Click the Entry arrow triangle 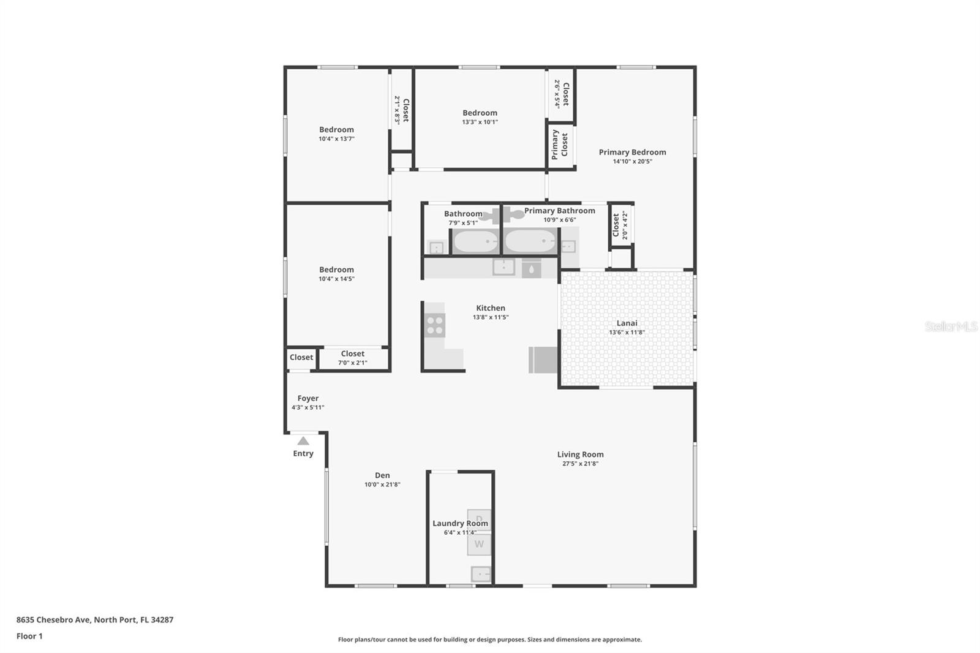303,440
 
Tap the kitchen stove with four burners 435,325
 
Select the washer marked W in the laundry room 479,544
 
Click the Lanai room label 627,323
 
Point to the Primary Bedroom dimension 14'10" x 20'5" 632,162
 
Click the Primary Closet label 560,145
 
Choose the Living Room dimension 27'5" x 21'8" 580,464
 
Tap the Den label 382,475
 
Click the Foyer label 307,398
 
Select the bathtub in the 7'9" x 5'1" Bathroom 475,241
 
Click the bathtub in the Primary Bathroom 530,241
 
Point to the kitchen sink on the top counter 503,267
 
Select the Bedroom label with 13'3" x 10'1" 480,113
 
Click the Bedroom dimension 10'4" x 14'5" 336,279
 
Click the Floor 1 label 29,636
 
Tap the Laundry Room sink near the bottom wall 480,574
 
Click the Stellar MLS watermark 951,326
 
